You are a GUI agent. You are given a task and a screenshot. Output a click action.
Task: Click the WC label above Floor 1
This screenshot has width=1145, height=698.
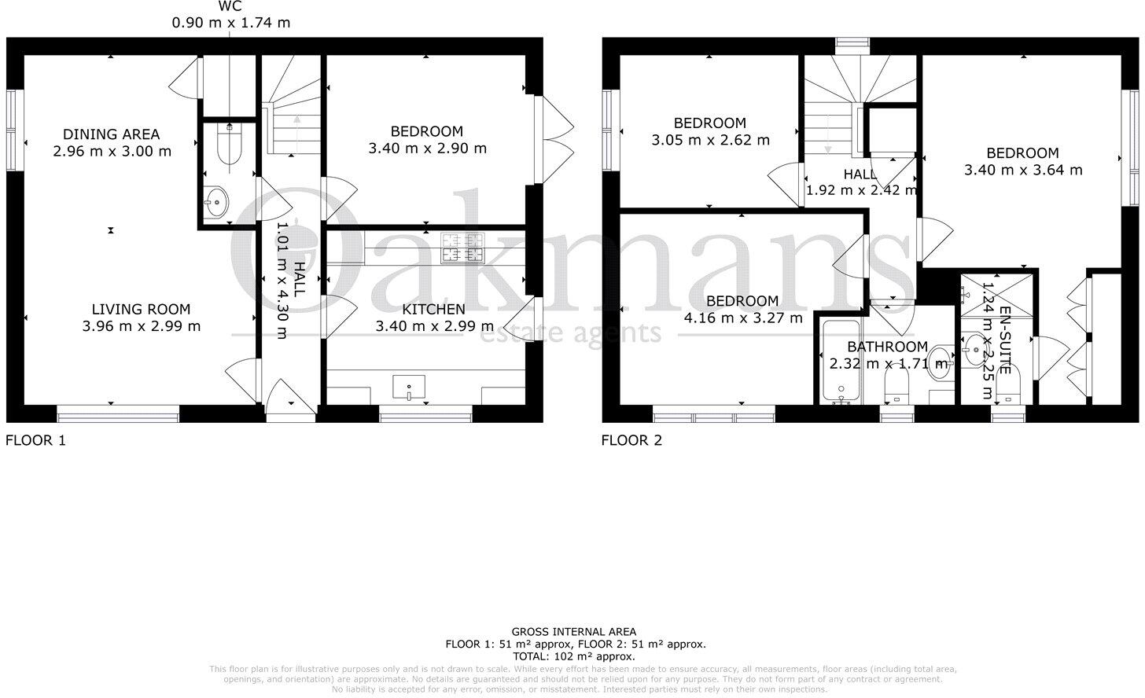[x=230, y=6]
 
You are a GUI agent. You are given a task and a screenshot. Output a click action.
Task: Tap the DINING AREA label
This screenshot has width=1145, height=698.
[x=112, y=134]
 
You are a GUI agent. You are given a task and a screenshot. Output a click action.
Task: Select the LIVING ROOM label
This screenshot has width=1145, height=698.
[x=141, y=310]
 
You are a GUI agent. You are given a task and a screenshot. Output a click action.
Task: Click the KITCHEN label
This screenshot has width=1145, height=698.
[x=434, y=310]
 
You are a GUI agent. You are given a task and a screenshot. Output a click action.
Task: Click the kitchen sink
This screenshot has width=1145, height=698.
[x=408, y=386]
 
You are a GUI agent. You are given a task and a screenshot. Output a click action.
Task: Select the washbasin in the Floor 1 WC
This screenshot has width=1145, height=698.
[x=215, y=204]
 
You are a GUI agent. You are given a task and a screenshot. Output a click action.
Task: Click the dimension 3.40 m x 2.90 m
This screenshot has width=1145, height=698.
[x=427, y=148]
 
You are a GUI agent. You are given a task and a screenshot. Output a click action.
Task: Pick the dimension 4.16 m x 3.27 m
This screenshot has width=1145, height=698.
[x=743, y=318]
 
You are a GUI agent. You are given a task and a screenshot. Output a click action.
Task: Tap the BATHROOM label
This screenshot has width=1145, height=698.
[x=887, y=347]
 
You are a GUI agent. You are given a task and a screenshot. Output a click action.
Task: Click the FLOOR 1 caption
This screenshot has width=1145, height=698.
[x=36, y=440]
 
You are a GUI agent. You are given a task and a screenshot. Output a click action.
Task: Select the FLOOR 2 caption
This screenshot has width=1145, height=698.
[x=631, y=440]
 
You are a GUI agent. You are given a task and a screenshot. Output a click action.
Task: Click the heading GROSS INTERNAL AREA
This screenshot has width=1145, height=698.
[x=573, y=631]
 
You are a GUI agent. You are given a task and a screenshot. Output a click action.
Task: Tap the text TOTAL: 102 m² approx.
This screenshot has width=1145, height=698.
[x=573, y=656]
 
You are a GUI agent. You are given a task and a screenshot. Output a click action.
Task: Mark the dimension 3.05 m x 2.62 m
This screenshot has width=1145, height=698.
[x=710, y=140]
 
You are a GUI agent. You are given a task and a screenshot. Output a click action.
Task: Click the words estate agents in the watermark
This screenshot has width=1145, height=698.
[x=572, y=333]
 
